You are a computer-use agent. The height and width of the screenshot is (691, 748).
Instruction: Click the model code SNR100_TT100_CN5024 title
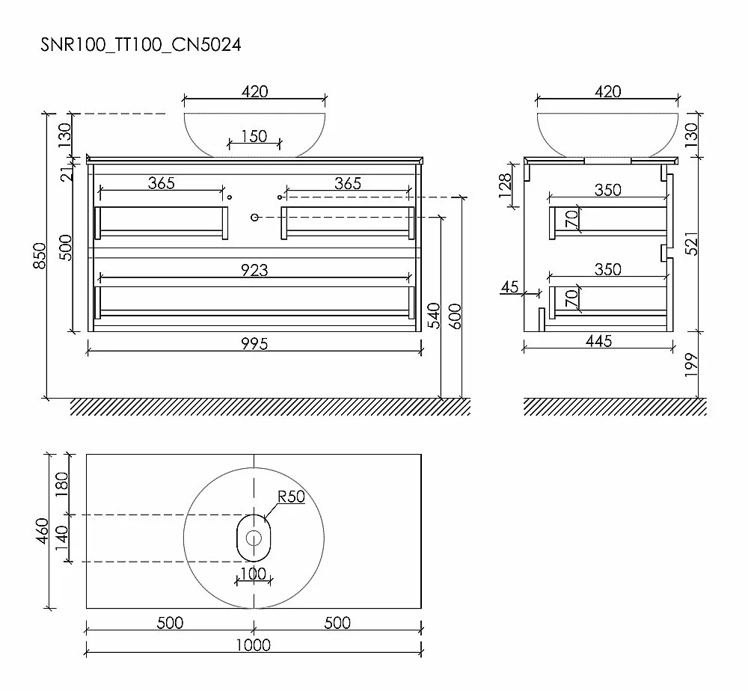point(141,45)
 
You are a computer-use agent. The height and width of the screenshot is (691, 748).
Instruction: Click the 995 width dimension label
point(254,343)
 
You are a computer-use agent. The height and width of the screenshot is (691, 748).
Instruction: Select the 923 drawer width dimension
point(254,271)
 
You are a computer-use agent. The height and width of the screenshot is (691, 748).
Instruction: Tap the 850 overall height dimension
point(40,256)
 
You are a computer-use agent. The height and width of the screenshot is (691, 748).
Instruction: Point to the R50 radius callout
point(291,497)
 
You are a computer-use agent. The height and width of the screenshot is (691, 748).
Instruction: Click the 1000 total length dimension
point(254,645)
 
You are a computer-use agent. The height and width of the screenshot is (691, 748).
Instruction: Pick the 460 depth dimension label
point(43,531)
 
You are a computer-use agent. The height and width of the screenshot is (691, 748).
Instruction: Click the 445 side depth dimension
point(598,341)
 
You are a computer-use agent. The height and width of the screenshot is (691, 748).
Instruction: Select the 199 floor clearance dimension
point(691,365)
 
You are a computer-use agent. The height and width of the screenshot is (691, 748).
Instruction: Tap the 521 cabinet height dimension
point(691,244)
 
